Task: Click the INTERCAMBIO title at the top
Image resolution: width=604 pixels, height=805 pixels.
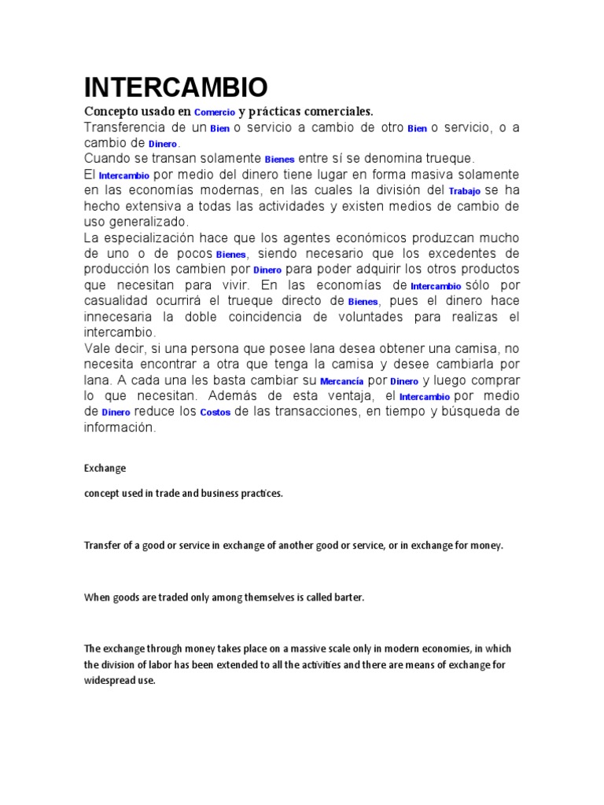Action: coord(175,86)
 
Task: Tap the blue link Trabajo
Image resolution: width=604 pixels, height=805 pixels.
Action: coord(464,191)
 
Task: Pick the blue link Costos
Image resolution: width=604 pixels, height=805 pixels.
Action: coord(215,413)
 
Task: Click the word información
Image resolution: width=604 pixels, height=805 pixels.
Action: coord(120,428)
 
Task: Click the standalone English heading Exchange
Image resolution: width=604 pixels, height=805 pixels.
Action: coord(105,468)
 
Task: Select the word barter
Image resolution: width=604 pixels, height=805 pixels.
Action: coord(349,597)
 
